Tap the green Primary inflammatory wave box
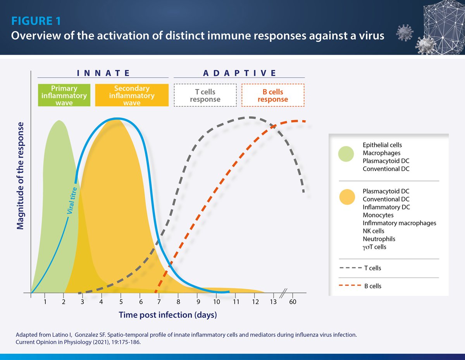[64, 95]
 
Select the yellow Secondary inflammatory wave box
[132, 95]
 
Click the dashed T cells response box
[205, 95]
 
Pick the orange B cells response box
[273, 95]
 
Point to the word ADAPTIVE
[239, 73]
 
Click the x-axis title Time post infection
[167, 315]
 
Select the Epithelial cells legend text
[382, 145]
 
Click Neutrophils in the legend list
[379, 239]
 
